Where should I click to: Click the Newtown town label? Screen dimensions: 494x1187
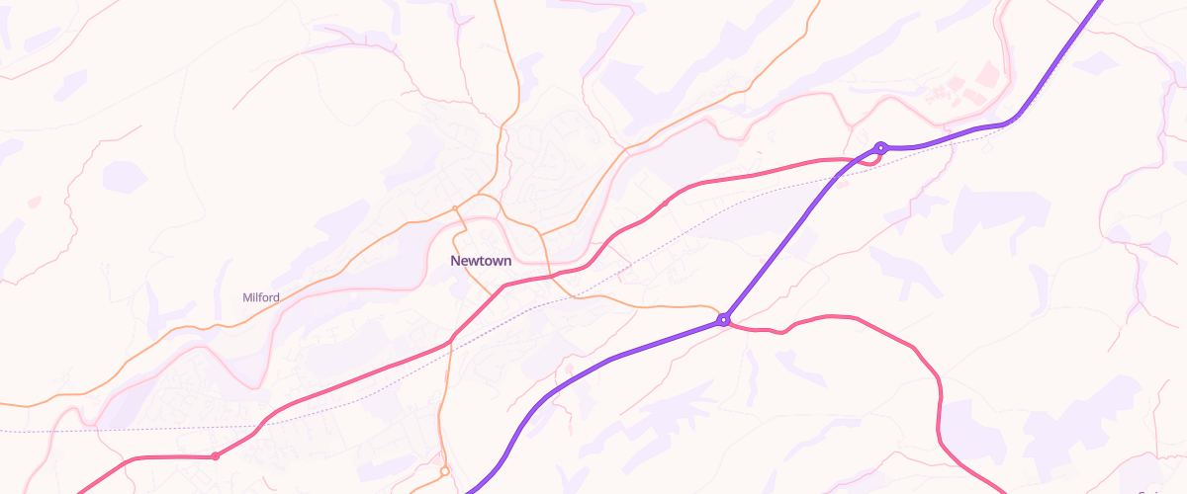[x=481, y=262]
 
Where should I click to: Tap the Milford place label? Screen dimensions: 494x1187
[x=261, y=297]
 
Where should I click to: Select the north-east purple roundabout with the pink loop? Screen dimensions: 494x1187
[x=879, y=148]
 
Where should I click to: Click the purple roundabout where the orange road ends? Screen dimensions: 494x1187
[x=724, y=319]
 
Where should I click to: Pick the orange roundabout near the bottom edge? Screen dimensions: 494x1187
[x=445, y=471]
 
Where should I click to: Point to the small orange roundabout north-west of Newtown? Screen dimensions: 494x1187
[x=455, y=207]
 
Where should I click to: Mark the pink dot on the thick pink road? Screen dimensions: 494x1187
[x=215, y=456]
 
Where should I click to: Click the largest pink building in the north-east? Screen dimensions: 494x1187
[x=987, y=74]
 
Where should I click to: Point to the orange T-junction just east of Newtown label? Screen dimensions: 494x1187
[x=541, y=235]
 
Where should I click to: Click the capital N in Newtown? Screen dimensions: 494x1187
[x=456, y=262]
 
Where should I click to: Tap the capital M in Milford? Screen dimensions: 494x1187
[x=247, y=297]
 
